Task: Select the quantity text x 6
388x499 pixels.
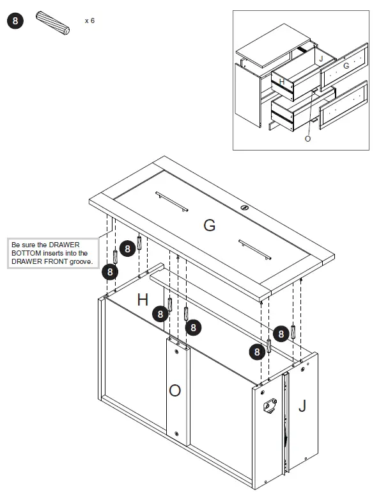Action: [89, 20]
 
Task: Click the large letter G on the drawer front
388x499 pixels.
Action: [209, 225]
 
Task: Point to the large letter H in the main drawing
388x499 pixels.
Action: [143, 299]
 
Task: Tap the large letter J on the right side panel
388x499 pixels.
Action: [302, 405]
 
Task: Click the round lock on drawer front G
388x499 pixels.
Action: [245, 208]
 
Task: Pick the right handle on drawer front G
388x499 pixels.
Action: [256, 249]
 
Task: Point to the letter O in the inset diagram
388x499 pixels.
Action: [307, 138]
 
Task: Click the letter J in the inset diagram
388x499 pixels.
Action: [322, 60]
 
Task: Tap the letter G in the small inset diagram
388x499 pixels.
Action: [346, 65]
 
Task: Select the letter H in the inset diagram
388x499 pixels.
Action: [281, 81]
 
